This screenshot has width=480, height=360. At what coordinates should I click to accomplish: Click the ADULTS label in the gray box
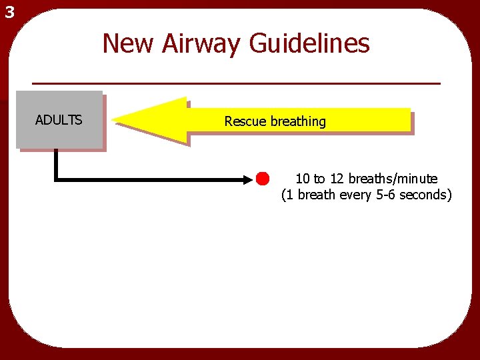59,120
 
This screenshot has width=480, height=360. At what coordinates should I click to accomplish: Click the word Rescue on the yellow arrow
245,121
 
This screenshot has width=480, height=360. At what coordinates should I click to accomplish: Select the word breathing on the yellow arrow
298,121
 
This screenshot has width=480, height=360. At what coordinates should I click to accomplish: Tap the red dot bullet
262,179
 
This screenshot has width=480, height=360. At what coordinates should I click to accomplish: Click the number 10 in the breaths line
303,179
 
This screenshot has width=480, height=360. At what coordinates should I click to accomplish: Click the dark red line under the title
237,83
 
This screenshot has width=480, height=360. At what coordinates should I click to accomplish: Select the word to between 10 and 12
319,179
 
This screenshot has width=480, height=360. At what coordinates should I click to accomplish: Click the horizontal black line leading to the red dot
153,179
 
